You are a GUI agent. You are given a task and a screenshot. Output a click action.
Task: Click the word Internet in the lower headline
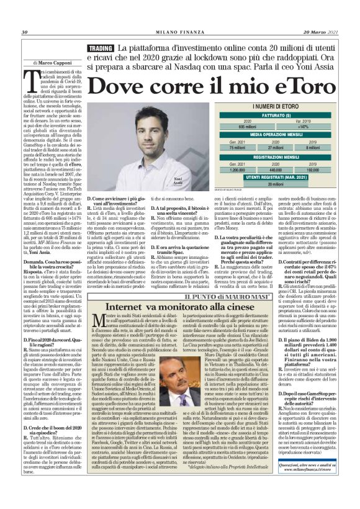point(127,308)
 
